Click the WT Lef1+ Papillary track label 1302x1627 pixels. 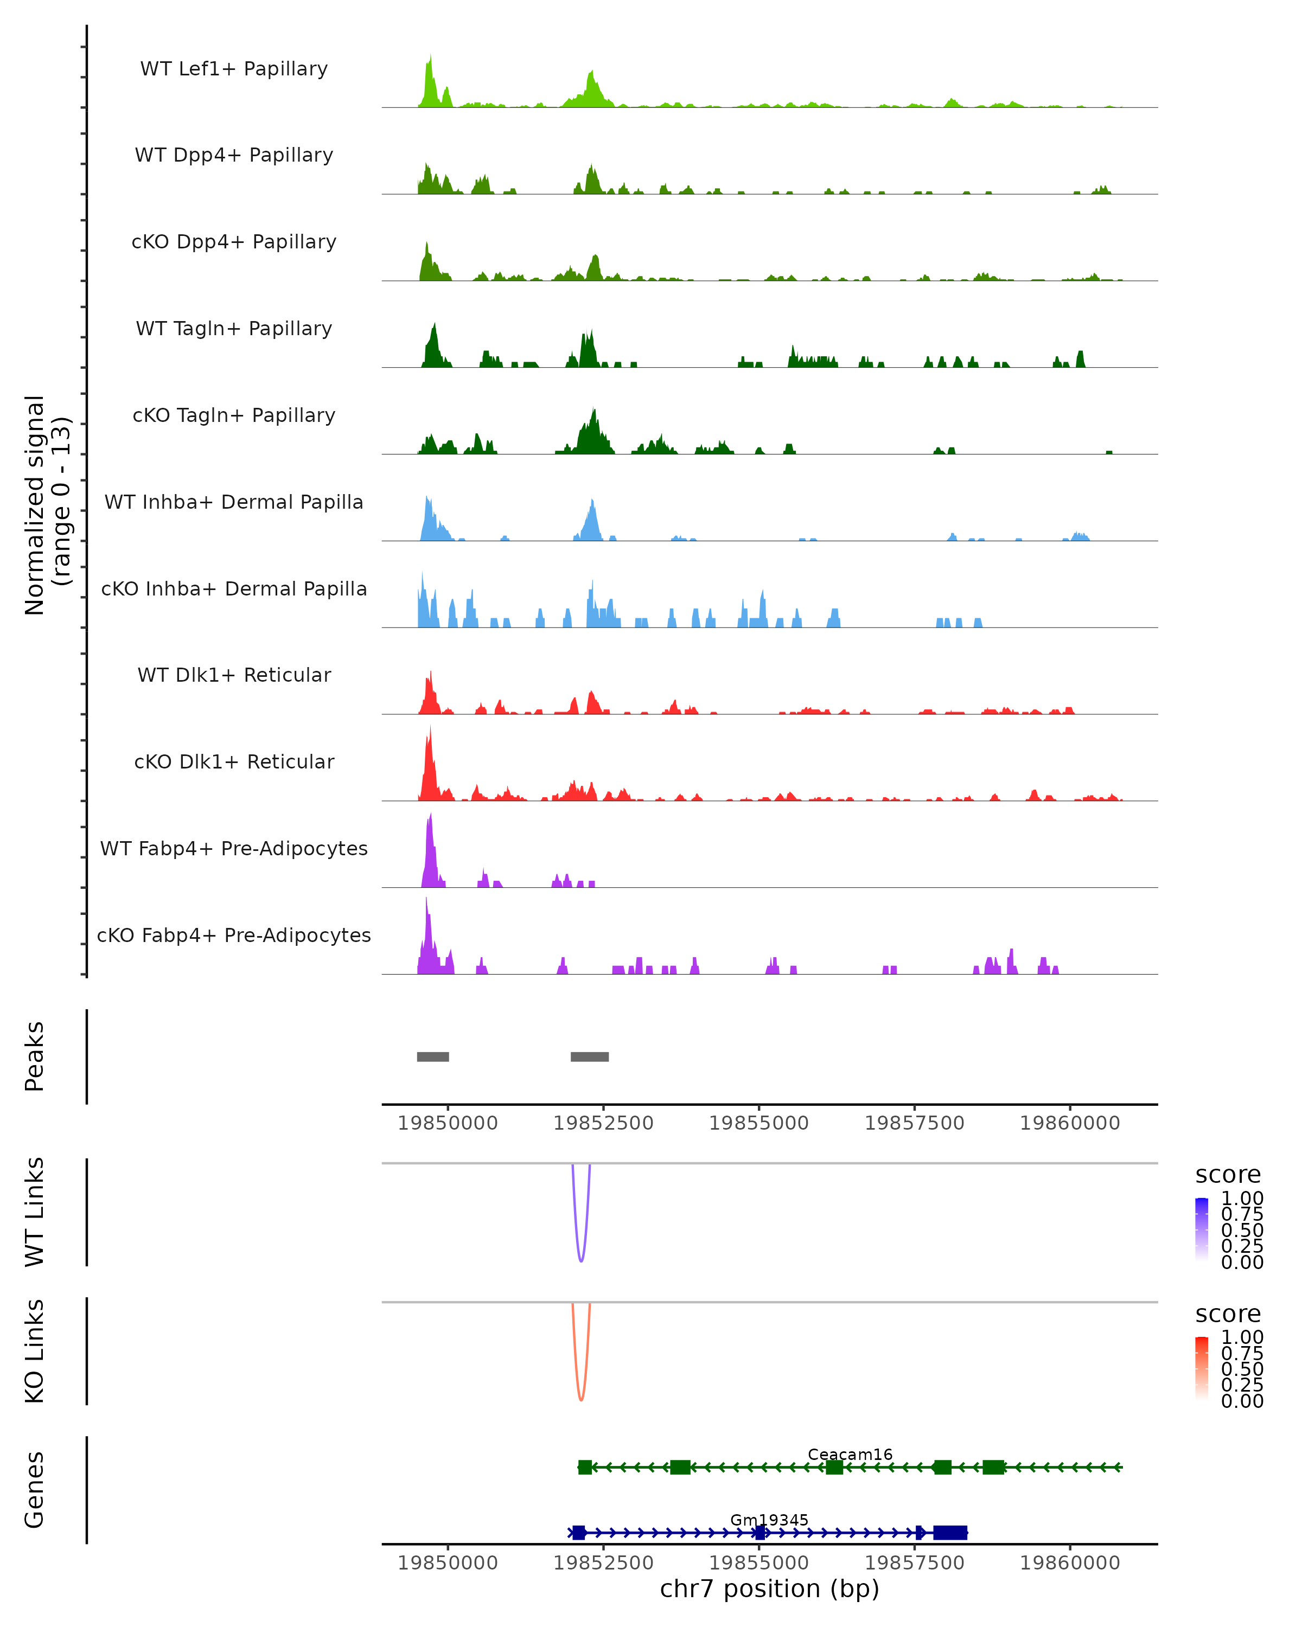[234, 69]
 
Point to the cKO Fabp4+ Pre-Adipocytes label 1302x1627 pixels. [234, 935]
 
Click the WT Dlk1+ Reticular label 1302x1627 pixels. [234, 675]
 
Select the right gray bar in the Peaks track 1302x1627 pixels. [590, 1056]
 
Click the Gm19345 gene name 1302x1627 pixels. [769, 1520]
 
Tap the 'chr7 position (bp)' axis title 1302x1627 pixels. [769, 1589]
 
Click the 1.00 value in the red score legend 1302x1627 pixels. [1242, 1337]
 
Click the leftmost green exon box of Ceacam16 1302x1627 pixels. [585, 1467]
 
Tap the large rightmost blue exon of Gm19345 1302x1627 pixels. [950, 1533]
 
